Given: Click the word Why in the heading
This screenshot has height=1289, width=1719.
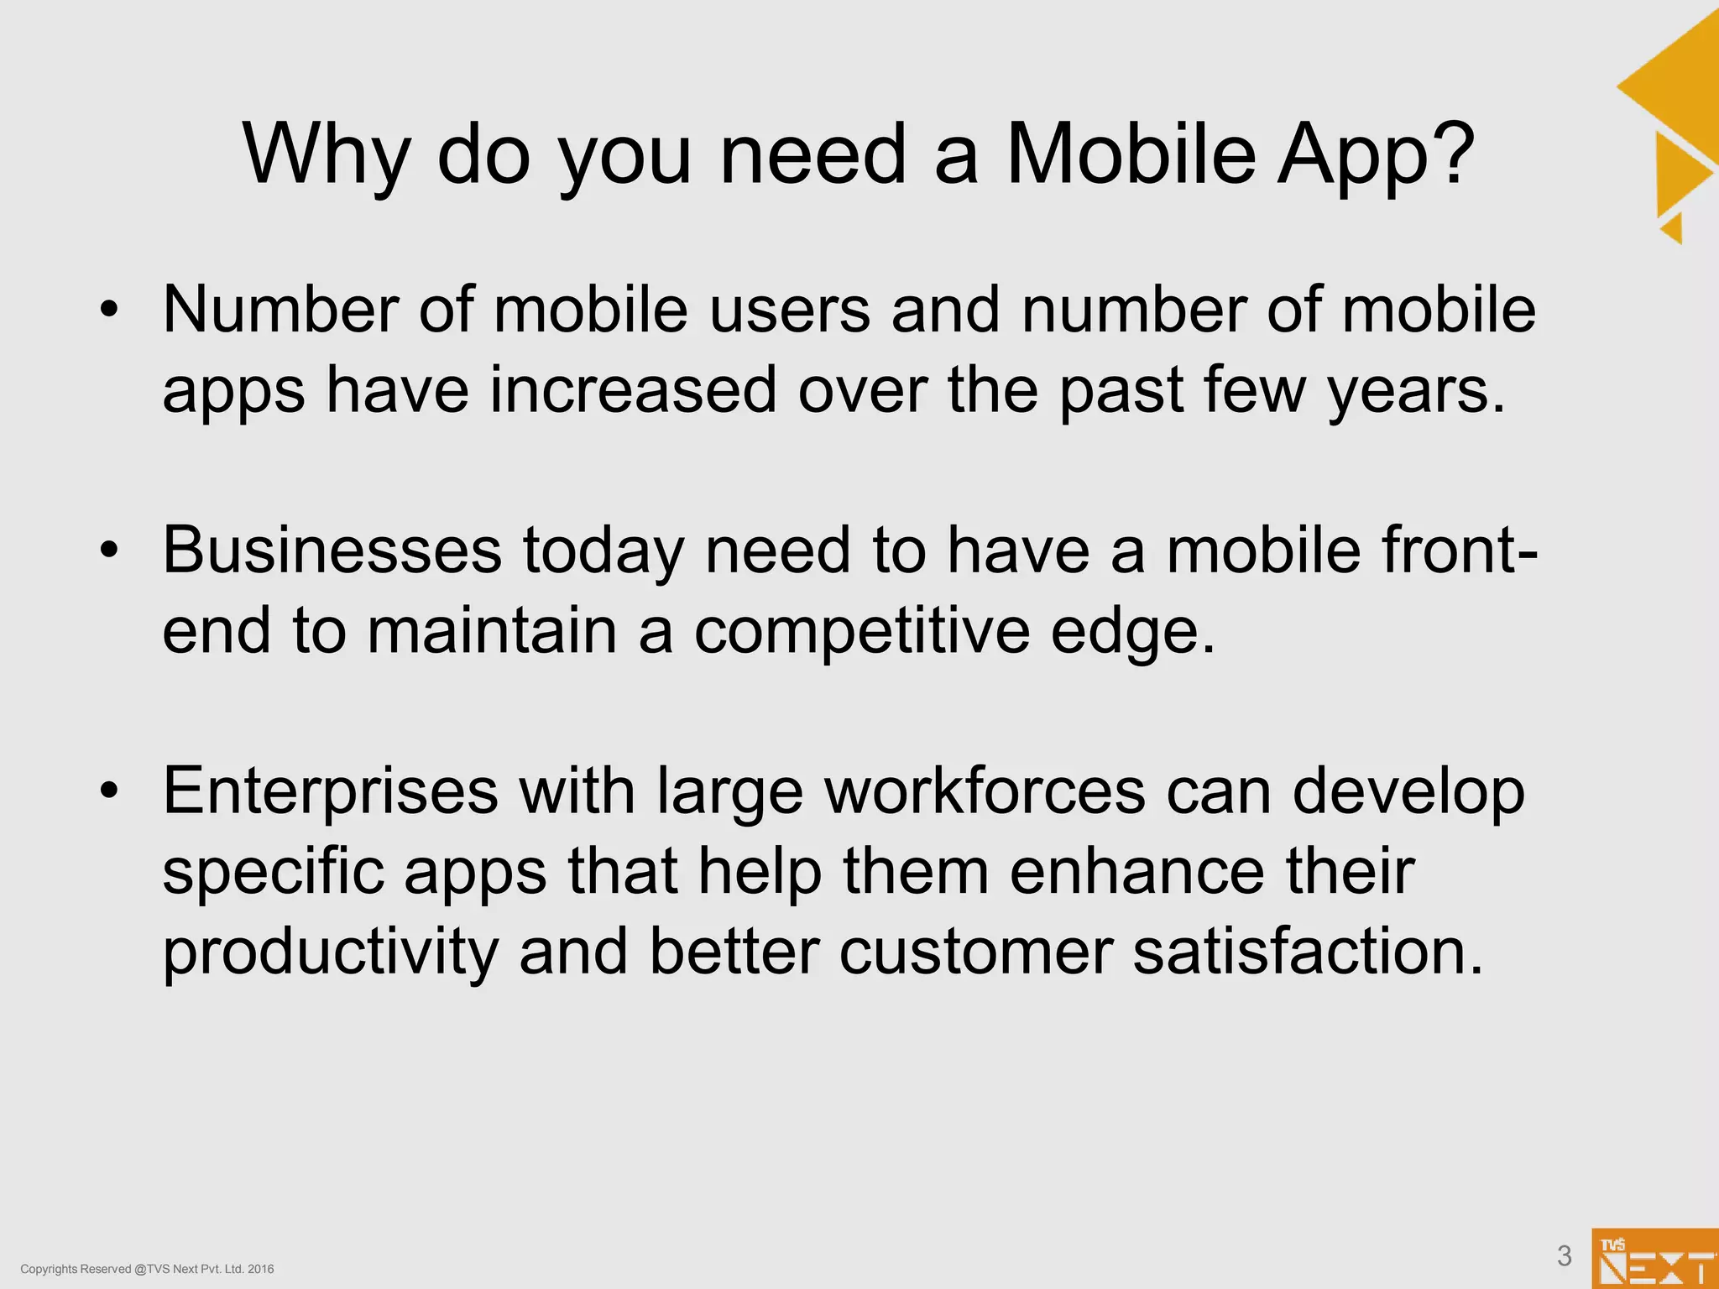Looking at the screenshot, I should coord(327,155).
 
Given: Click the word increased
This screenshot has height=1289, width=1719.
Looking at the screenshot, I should coord(634,390).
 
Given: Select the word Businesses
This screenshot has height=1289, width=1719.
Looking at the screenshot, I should coord(332,551).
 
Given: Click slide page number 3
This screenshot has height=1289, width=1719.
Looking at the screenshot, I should coord(1564,1255).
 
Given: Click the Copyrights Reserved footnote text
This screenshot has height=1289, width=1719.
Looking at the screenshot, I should coord(147,1269).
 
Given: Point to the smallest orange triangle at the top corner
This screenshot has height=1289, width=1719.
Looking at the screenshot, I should coord(1673,228).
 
